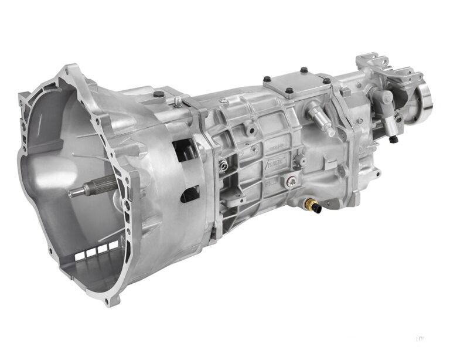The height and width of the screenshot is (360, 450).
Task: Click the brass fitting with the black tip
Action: (312, 205)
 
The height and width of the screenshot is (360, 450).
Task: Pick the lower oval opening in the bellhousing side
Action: (189, 193)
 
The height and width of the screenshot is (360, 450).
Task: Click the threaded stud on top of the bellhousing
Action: (177, 102)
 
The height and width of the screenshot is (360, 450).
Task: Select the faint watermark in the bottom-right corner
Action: (420, 339)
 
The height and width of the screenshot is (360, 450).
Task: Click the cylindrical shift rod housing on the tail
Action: (387, 102)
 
